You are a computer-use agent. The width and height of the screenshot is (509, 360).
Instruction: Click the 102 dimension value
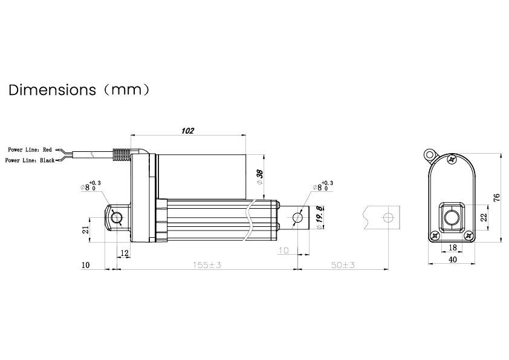coord(188,129)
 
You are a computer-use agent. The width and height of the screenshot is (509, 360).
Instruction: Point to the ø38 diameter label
coord(260,177)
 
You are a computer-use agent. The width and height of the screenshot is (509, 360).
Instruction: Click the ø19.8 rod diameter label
coord(319,218)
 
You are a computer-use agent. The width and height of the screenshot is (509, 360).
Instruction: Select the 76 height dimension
coord(495,198)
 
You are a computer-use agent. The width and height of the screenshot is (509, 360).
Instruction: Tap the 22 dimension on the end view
coord(482,217)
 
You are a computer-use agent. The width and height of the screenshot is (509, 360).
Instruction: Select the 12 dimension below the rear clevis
coord(124,254)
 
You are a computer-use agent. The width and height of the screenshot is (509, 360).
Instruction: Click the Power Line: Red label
coord(30,149)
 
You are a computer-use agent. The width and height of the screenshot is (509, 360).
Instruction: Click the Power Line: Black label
coord(30,160)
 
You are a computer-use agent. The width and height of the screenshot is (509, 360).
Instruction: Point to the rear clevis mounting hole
coord(117,218)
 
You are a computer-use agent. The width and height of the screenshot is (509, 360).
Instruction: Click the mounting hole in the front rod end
coord(297,217)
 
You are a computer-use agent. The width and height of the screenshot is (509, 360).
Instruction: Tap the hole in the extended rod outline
coord(390,217)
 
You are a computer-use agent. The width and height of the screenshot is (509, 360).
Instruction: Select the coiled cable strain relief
coord(122,155)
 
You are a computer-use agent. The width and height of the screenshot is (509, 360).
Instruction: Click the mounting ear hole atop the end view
coord(430,153)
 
